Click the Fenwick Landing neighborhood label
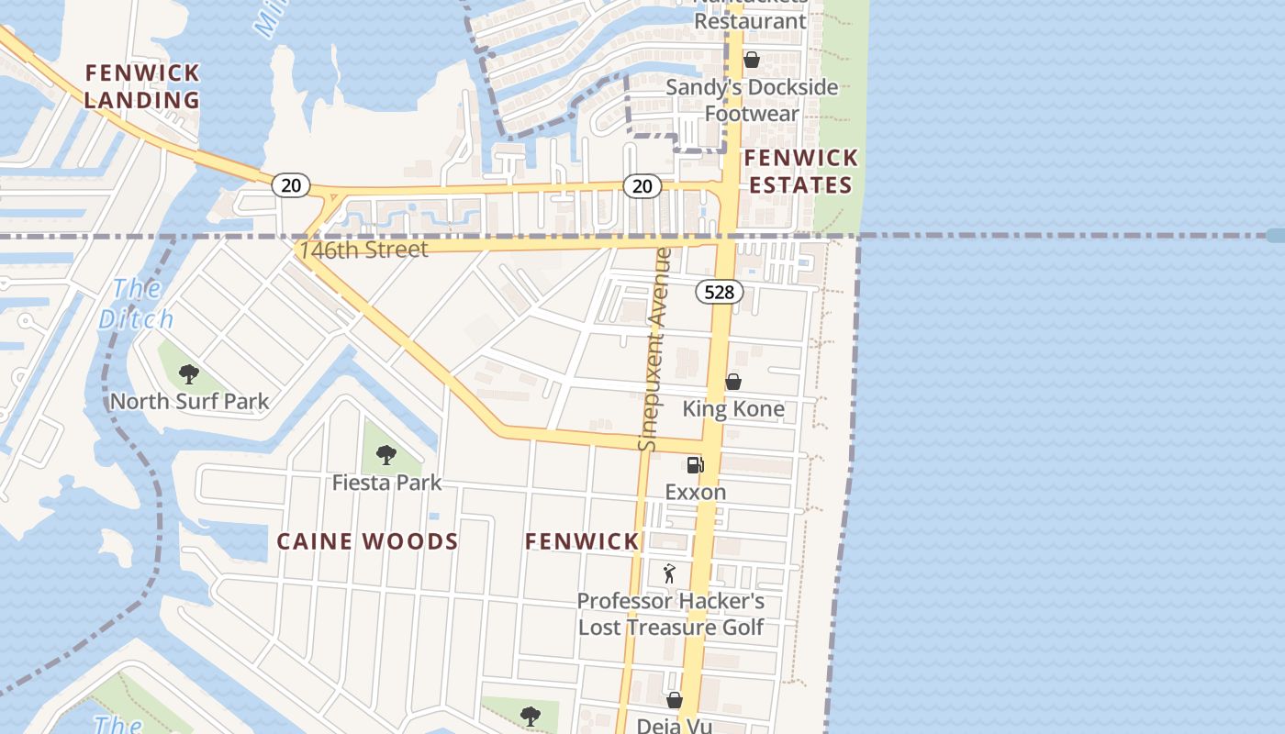point(142,86)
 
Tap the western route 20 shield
point(290,185)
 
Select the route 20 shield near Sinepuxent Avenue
point(642,186)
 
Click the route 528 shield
point(720,292)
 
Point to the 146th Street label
point(363,250)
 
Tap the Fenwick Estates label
point(800,172)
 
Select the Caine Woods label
point(367,541)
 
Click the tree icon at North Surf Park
point(189,373)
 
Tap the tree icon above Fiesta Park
point(385,454)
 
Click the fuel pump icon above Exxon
point(695,464)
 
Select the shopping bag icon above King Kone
point(732,382)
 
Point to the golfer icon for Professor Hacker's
point(669,573)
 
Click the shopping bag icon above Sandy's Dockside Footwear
point(751,60)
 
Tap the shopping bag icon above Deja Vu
point(675,700)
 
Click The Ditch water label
point(136,304)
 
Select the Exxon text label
point(695,492)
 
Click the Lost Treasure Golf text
point(670,628)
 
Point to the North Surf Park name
point(190,401)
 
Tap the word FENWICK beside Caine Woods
point(582,541)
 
